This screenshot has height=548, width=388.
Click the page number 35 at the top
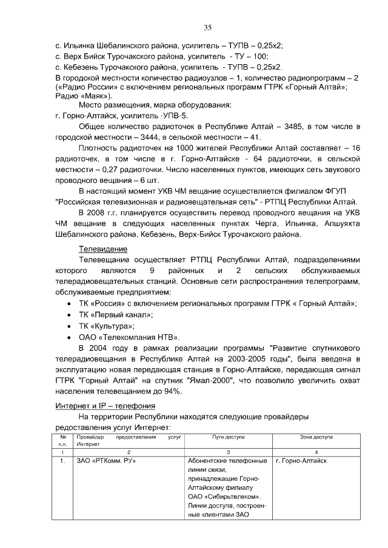[207, 27]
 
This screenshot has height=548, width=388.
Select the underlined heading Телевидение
[103, 249]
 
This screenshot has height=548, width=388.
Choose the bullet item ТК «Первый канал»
[116, 314]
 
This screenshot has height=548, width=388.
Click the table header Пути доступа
[229, 436]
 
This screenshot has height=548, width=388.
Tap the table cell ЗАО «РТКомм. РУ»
[105, 461]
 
